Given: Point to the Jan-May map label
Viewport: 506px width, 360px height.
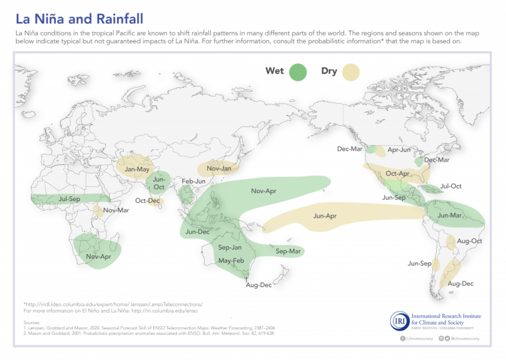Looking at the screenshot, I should [138, 169].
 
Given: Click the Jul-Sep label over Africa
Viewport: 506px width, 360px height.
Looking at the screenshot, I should [70, 199].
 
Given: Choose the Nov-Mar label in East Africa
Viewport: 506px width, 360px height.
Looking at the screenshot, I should [116, 210].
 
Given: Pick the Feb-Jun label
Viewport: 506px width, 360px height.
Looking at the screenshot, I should [194, 181].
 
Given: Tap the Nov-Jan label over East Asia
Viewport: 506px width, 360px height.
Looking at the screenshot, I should [219, 168].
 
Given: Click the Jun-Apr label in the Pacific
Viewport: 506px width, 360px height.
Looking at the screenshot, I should [325, 216].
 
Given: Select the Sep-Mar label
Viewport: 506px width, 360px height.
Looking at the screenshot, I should [288, 251].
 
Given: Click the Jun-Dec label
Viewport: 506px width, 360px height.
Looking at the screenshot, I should [198, 232].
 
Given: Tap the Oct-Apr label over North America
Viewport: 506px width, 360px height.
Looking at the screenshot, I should [397, 174].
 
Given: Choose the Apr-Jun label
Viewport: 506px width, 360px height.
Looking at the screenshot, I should [399, 150].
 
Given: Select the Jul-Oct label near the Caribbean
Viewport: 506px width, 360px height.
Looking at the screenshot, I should [451, 186].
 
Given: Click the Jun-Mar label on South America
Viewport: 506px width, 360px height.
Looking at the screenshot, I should [450, 215].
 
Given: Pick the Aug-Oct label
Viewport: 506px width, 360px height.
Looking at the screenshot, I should [470, 240].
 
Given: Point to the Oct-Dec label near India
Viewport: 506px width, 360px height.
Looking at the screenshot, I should [147, 200].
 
